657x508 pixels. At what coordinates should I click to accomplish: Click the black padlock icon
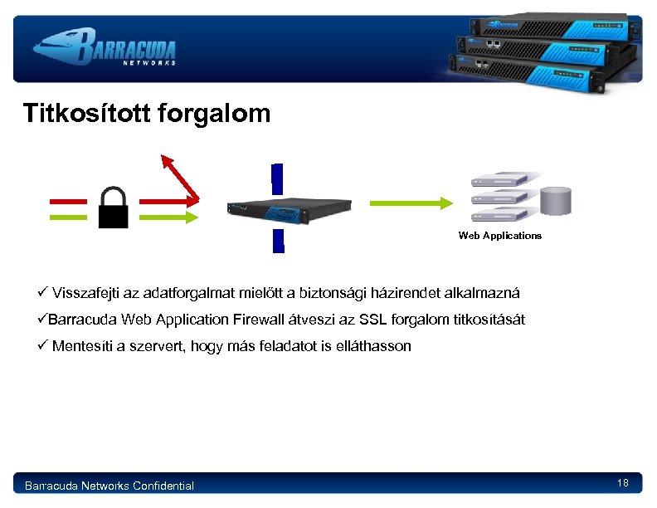(x=114, y=208)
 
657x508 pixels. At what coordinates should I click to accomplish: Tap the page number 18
(x=623, y=483)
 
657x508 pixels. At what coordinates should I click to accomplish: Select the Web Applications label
(x=499, y=236)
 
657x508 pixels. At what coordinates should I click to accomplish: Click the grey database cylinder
(x=557, y=203)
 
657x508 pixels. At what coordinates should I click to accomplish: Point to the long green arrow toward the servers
(x=410, y=202)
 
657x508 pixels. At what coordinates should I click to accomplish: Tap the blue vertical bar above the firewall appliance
(x=277, y=178)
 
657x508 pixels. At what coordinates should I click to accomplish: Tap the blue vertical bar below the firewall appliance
(x=278, y=240)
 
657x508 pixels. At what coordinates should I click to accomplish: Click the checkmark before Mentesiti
(x=43, y=346)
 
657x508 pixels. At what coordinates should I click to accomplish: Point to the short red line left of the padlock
(x=68, y=201)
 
